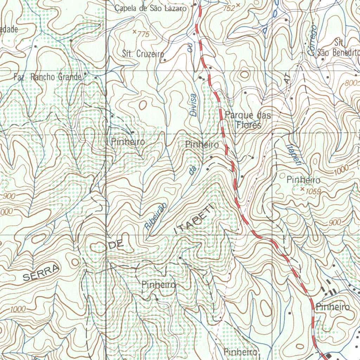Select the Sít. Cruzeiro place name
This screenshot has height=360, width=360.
143,54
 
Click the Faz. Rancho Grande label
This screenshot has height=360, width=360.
47,77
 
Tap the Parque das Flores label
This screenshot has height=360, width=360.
248,120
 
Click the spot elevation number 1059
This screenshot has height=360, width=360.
314,191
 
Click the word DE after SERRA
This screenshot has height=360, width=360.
116,245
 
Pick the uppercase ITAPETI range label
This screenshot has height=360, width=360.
194,220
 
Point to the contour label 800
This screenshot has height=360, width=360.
351,84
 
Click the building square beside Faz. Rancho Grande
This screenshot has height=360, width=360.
96,76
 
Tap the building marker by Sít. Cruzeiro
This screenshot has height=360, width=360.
165,60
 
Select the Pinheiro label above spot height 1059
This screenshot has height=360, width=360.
303,180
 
